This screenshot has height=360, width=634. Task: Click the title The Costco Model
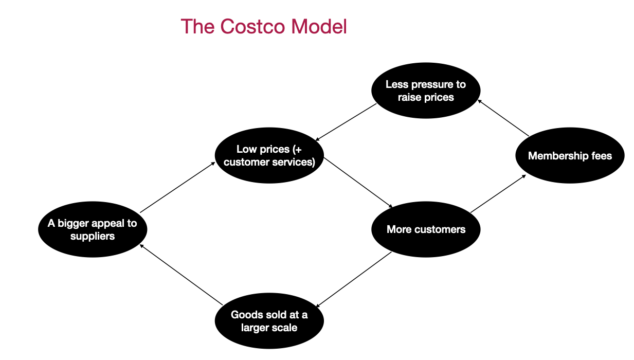[264, 27]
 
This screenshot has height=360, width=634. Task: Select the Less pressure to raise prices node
[426, 91]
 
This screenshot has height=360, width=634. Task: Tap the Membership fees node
[570, 155]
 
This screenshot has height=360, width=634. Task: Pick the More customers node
[426, 229]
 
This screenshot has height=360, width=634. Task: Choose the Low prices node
[269, 155]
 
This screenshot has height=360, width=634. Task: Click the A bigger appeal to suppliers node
[93, 229]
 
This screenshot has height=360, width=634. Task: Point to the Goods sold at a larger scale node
[269, 320]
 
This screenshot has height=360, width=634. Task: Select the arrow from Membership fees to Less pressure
[503, 118]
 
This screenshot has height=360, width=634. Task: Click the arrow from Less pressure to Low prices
[346, 122]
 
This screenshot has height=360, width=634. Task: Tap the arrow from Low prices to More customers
[358, 183]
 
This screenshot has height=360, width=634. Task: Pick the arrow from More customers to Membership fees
[498, 193]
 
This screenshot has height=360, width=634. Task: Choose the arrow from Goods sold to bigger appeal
[182, 274]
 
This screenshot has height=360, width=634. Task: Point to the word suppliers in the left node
[93, 236]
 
